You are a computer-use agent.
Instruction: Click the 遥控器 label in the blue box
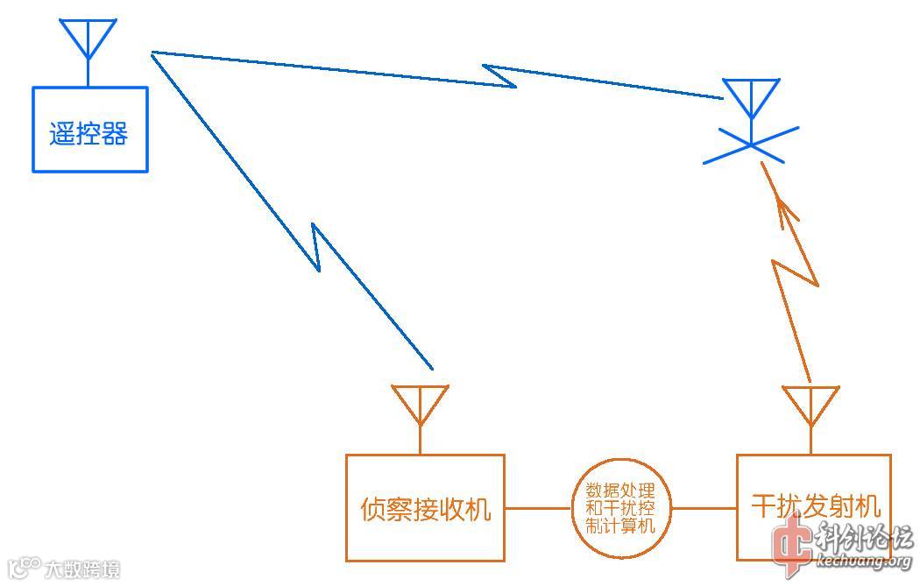click(88, 134)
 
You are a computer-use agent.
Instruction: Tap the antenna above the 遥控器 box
click(88, 39)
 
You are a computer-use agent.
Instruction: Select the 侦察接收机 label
click(426, 508)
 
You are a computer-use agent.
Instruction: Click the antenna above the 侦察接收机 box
click(421, 403)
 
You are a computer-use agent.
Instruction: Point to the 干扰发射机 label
click(816, 506)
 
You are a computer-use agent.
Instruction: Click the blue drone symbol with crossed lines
click(751, 145)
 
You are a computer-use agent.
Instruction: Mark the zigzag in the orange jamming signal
click(795, 272)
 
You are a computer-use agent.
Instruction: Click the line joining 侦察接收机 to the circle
click(539, 508)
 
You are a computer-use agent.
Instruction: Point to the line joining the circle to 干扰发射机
click(703, 508)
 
